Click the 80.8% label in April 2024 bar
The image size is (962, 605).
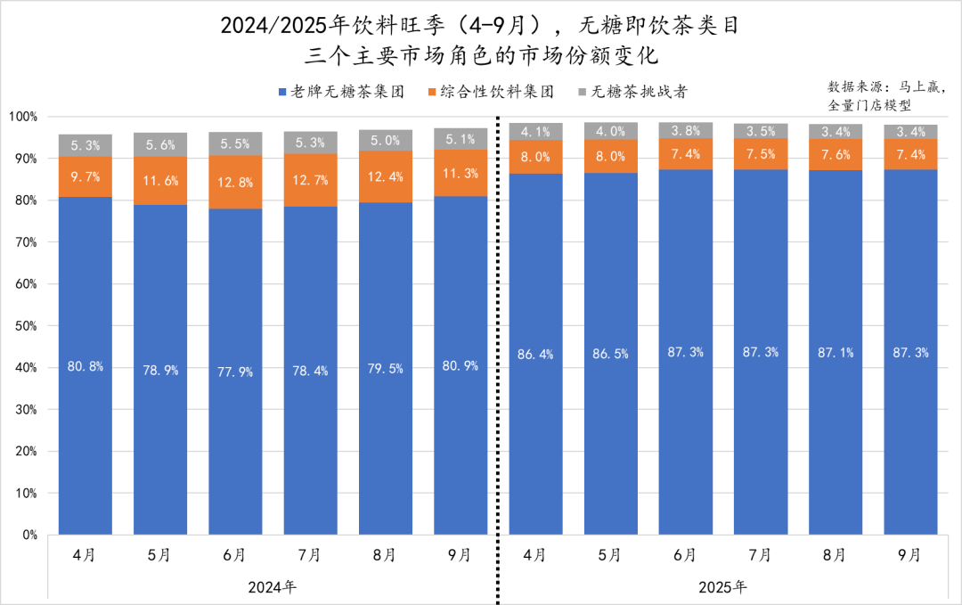coord(86,366)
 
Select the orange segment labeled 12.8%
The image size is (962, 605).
coord(235,183)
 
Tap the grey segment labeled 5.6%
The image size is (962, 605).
coord(160,144)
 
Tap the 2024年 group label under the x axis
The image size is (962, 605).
coord(273,586)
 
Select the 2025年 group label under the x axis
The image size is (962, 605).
coord(722,586)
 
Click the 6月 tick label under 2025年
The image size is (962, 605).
coord(685,555)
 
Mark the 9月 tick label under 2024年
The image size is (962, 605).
coord(460,555)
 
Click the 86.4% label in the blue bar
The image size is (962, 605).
coord(535,354)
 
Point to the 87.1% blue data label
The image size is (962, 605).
coord(835,352)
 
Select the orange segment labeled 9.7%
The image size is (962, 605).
coord(86,176)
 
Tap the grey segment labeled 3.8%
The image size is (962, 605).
coord(685,130)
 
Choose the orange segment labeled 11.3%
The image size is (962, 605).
coord(460,173)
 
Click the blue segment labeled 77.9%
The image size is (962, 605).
coord(235,372)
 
